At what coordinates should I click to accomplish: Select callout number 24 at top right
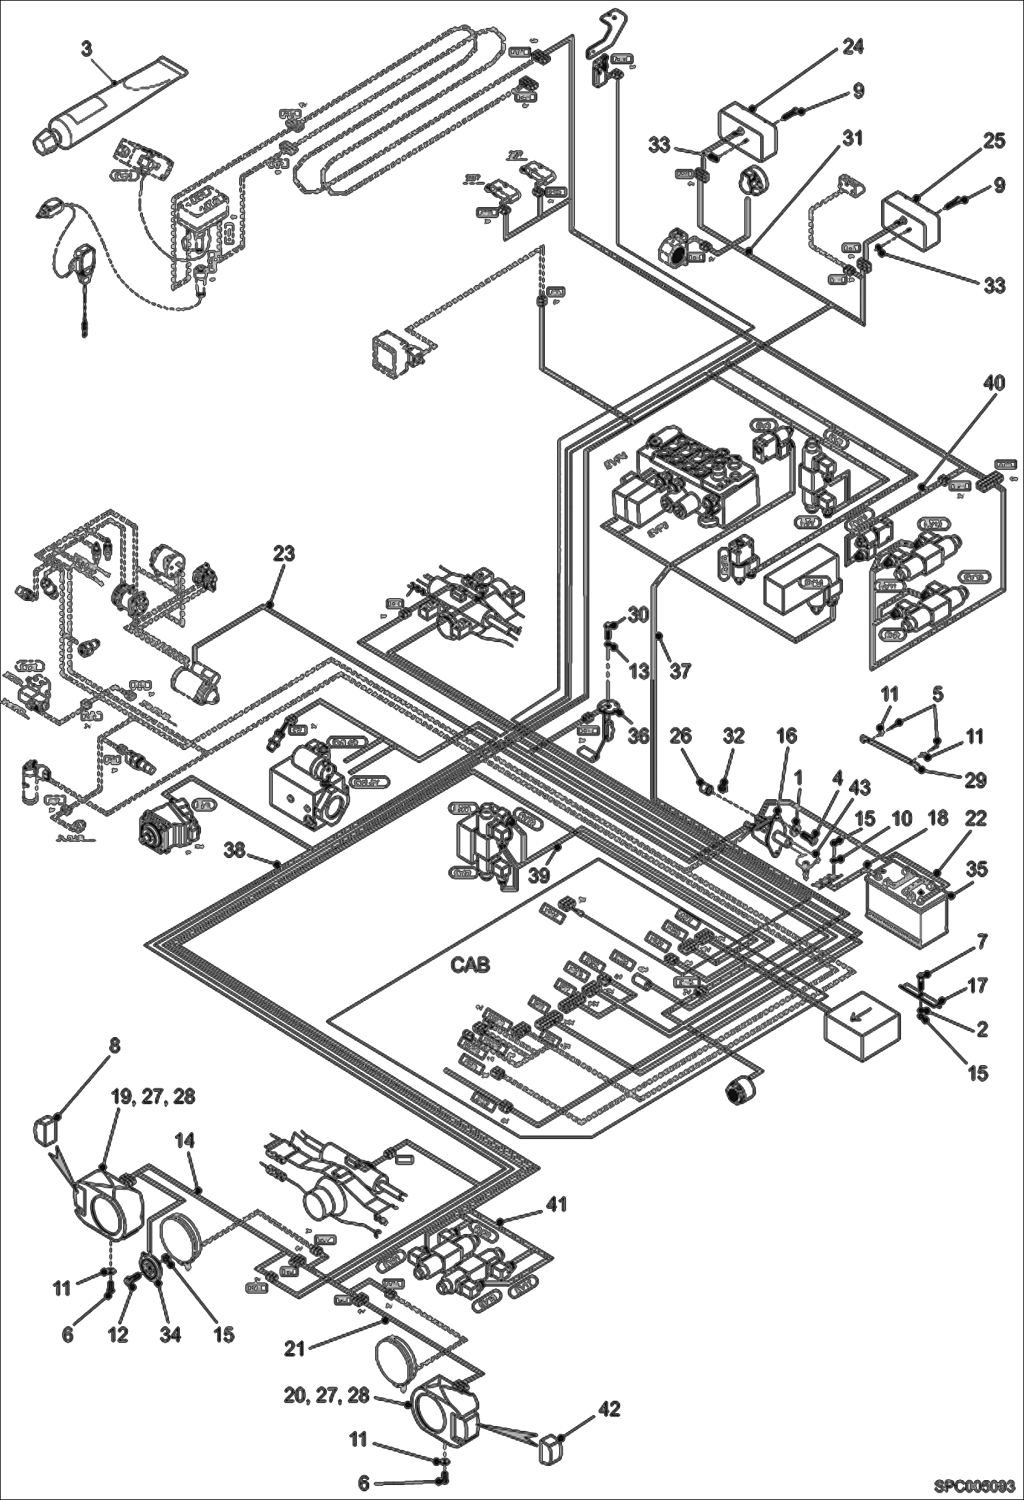pyautogui.click(x=852, y=47)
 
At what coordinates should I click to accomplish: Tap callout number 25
pyautogui.click(x=995, y=141)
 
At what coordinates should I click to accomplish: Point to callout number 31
pyautogui.click(x=852, y=139)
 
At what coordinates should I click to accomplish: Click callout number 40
pyautogui.click(x=995, y=384)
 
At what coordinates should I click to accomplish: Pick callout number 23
pyautogui.click(x=284, y=553)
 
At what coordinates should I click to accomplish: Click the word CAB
pyautogui.click(x=471, y=965)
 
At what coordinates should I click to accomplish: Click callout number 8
pyautogui.click(x=113, y=1064)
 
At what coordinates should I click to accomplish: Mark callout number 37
pyautogui.click(x=680, y=672)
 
